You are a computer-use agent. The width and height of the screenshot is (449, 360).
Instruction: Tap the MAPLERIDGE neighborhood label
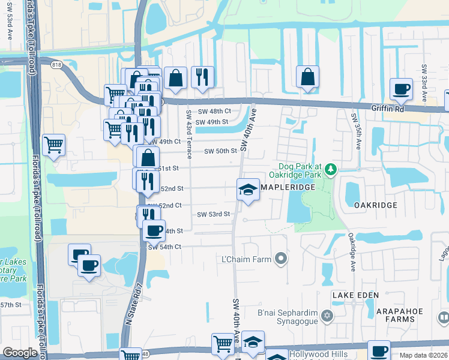point(288,188)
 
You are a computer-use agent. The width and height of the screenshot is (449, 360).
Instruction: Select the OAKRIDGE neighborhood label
point(375,205)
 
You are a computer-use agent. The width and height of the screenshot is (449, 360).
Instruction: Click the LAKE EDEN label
point(356,295)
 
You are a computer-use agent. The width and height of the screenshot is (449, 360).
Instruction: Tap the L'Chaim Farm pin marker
point(280,259)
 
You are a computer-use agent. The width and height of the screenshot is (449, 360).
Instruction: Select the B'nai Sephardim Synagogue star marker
point(327,316)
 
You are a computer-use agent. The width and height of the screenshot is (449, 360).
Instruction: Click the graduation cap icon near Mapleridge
point(247,190)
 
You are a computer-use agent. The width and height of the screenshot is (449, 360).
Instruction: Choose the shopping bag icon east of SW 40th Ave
point(307,77)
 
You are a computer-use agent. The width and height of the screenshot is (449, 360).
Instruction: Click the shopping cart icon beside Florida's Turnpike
point(53,145)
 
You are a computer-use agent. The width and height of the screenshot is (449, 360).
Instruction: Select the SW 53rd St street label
point(214,214)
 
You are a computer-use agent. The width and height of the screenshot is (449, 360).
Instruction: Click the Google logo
point(20,353)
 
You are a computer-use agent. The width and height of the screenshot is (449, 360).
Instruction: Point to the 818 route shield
point(57,64)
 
